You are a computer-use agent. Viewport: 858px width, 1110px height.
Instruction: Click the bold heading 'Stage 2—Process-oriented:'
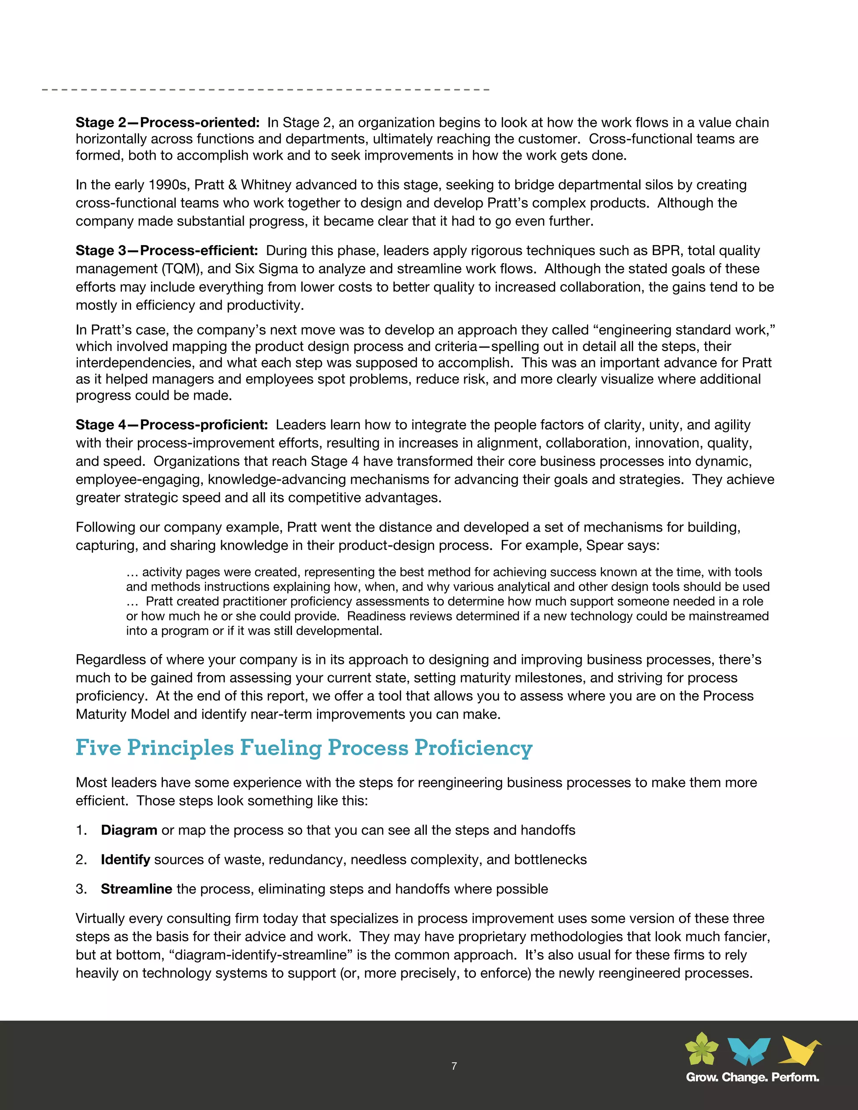click(x=167, y=122)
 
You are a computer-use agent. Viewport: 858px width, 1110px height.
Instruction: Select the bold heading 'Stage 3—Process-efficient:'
click(x=166, y=250)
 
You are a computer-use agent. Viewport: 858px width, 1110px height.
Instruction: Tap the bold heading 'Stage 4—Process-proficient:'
click(x=171, y=425)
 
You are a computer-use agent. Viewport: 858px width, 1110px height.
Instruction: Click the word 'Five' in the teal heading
click(x=98, y=748)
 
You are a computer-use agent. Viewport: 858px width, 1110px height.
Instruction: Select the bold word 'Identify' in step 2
click(x=125, y=860)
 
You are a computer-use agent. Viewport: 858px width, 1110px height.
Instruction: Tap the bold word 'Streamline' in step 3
click(x=136, y=889)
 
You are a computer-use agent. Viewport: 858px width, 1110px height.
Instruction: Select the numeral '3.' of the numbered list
click(x=81, y=889)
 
